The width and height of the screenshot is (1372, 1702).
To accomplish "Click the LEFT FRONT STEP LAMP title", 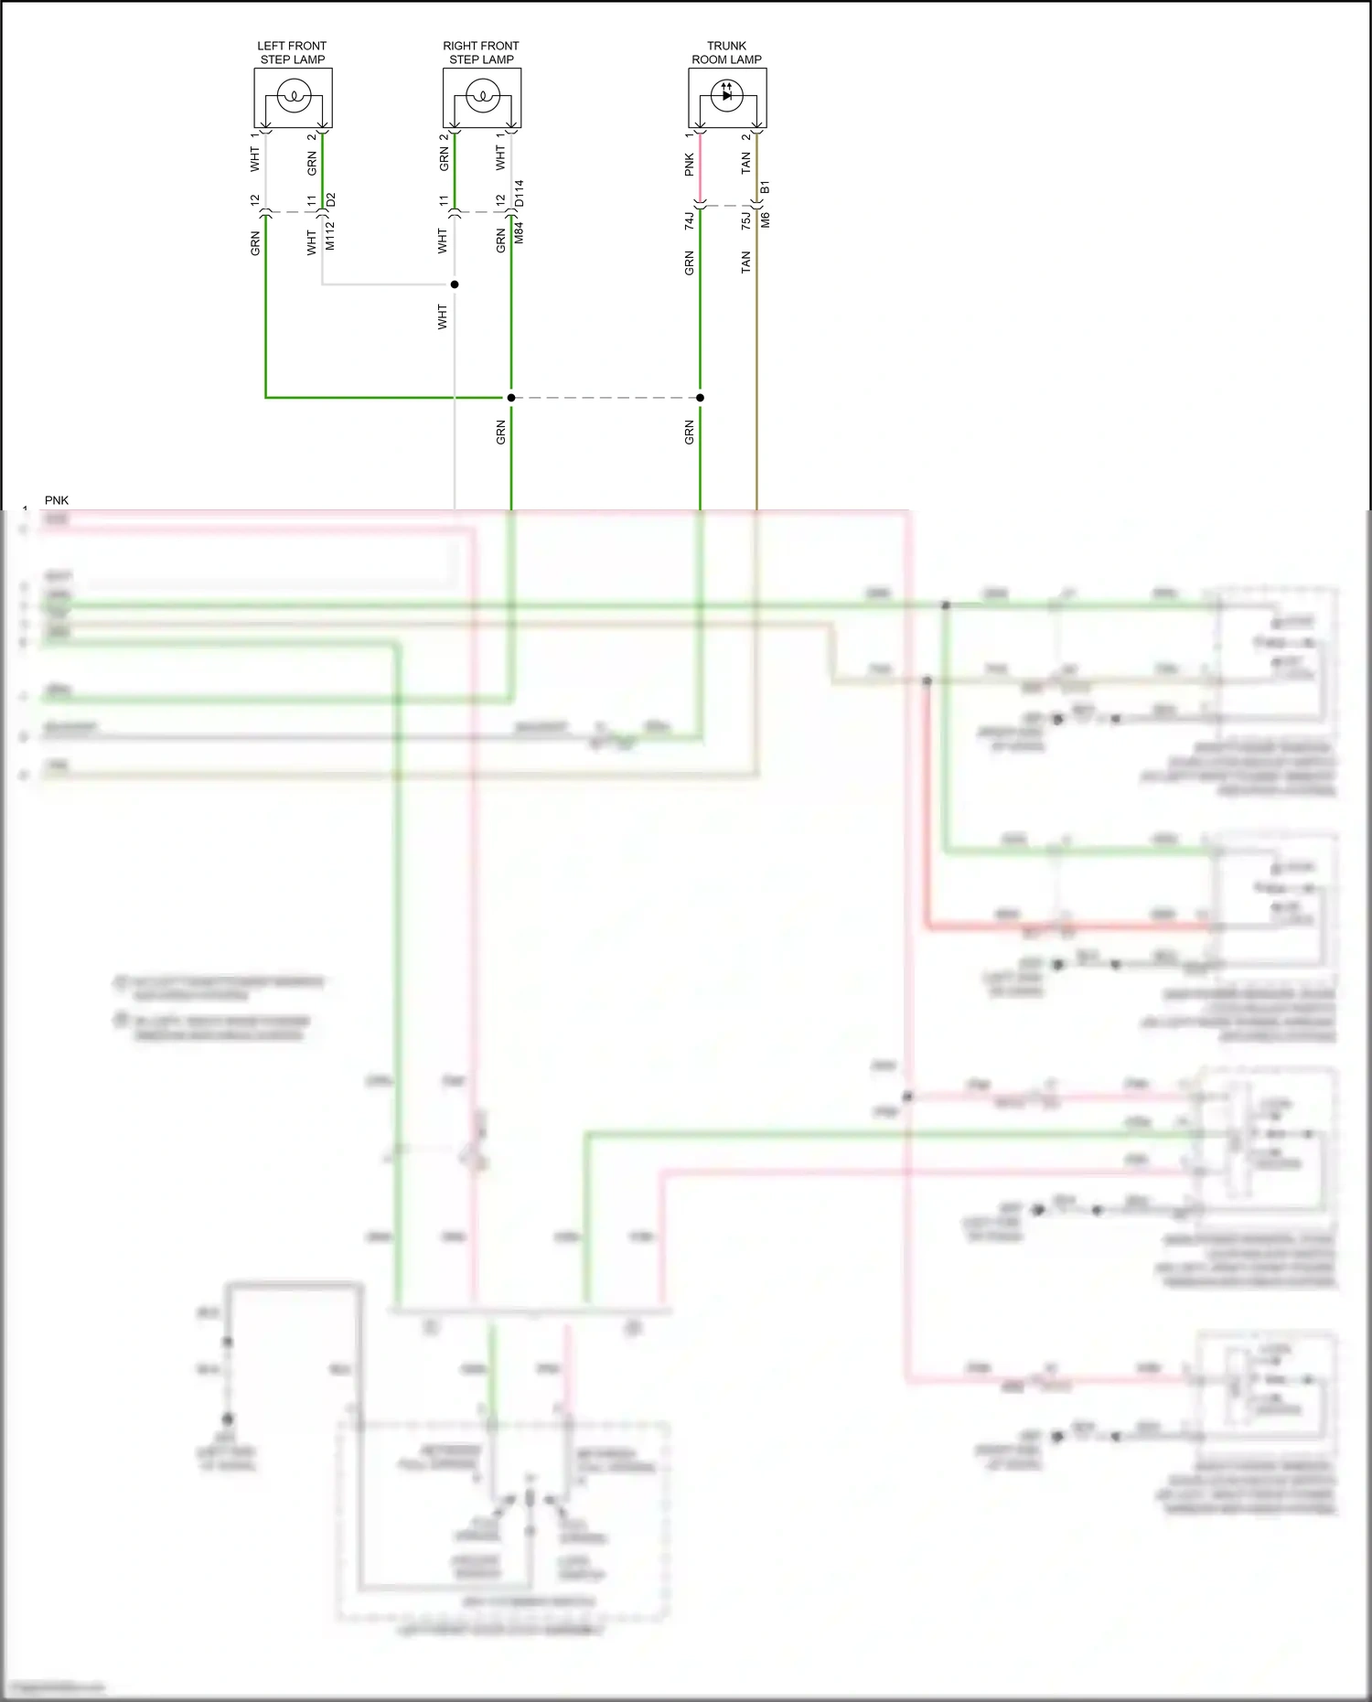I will click(292, 52).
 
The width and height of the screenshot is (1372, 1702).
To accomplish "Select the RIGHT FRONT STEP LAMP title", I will click(481, 52).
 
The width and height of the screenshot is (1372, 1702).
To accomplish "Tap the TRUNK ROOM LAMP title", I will click(726, 52).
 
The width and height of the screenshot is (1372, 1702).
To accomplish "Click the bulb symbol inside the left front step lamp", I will click(294, 95).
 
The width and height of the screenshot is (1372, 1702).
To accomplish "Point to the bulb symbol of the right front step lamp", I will click(482, 95).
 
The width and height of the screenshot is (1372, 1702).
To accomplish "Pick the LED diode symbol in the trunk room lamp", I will click(727, 95).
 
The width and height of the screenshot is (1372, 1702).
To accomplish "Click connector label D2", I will click(331, 198).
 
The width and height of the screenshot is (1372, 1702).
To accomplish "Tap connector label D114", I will click(520, 193).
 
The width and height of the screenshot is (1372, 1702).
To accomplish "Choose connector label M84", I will click(520, 231).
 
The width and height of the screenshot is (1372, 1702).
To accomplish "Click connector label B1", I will click(766, 187).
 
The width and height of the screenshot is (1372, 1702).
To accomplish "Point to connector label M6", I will click(766, 219).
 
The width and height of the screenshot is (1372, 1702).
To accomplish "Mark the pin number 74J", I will click(689, 220).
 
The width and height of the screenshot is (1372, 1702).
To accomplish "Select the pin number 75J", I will click(745, 219).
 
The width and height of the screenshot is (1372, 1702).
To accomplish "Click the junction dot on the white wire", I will click(455, 284).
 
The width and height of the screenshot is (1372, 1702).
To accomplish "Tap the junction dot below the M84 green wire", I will click(511, 398).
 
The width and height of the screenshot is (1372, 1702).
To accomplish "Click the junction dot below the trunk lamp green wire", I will click(701, 398).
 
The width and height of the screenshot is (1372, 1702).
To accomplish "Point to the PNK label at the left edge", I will click(57, 500).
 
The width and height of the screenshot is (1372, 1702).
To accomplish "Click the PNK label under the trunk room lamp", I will click(689, 165).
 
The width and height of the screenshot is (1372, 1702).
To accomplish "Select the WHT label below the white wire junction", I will click(443, 316).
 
